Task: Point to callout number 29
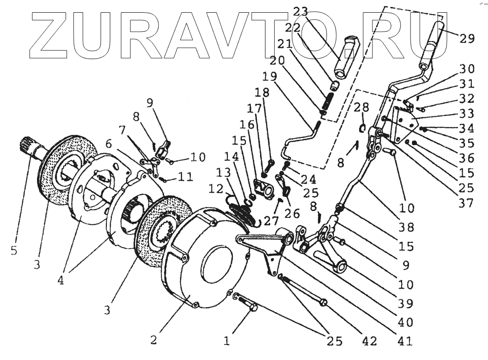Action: [x=467, y=38]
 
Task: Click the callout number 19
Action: [x=269, y=77]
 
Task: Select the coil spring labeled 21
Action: [x=328, y=103]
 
